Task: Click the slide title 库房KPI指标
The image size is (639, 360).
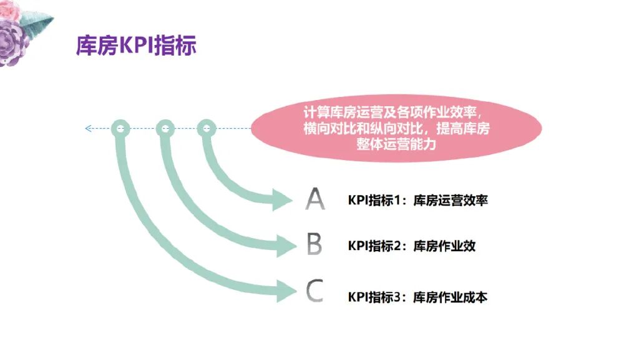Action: coord(136,46)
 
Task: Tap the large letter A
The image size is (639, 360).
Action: coord(315,199)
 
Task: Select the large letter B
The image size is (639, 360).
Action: coord(315,244)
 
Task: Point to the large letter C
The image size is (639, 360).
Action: coord(315,291)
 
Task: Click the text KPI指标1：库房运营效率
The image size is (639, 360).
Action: coord(417,201)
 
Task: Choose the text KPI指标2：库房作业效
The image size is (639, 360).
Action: coord(411,246)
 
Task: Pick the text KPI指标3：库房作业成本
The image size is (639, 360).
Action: coord(417,297)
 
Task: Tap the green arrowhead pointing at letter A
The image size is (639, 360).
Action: coord(283,201)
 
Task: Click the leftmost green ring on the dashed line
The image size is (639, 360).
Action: coord(120,129)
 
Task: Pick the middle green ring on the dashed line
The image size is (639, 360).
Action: coord(165,129)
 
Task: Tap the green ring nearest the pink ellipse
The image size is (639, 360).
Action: coord(207,129)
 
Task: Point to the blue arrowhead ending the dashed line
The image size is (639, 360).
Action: coord(88,129)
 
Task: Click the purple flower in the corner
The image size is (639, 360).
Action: coord(12,41)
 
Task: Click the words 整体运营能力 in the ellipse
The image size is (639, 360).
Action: coord(396,144)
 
